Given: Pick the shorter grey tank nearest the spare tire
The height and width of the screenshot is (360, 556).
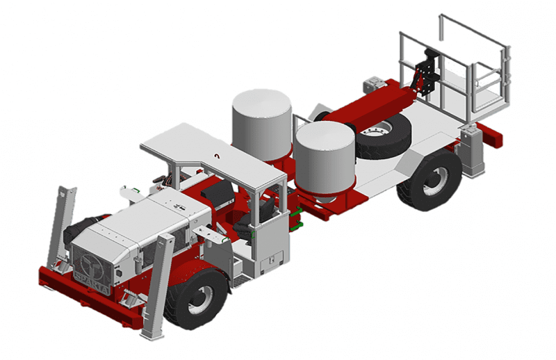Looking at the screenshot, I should (x=325, y=156).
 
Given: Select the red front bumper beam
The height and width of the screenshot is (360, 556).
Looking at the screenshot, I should (x=90, y=295).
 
